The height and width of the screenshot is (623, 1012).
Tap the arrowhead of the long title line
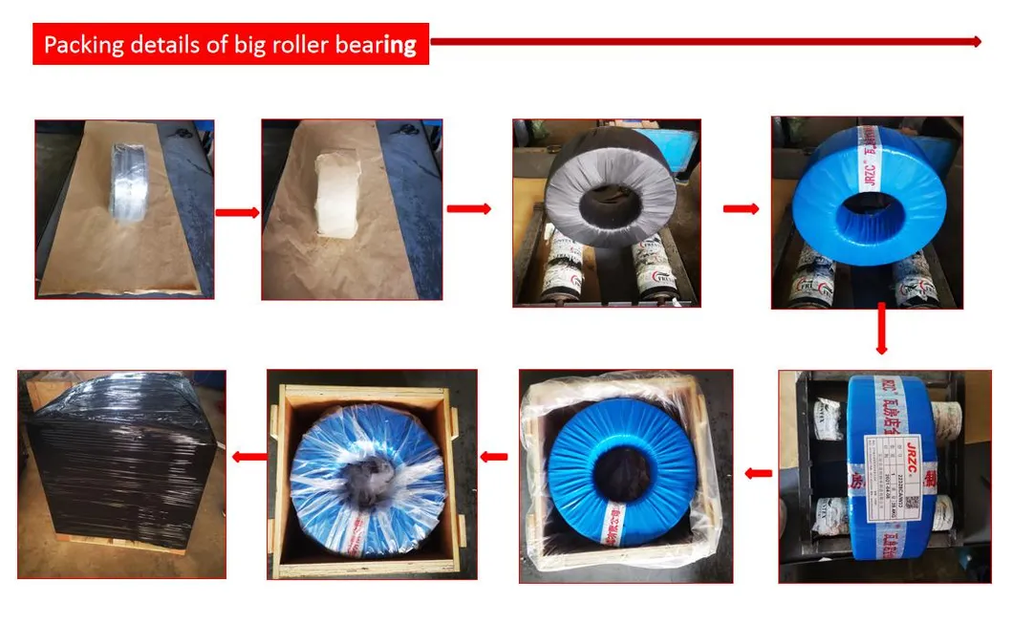[977, 41]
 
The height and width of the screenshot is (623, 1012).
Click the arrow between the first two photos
[237, 212]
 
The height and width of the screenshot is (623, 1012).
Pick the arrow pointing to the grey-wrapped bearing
[468, 208]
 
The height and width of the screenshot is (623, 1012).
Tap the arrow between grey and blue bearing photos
[741, 207]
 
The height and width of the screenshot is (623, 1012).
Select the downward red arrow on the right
[881, 330]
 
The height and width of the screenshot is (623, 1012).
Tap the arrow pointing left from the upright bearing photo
[759, 471]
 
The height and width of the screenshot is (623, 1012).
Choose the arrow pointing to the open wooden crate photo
[494, 457]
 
